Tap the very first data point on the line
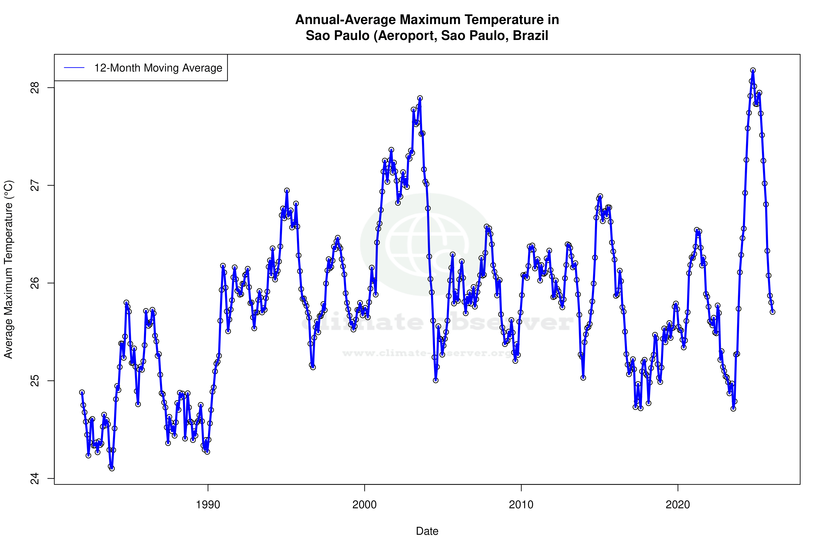[x=82, y=392]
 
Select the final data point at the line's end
[x=772, y=312]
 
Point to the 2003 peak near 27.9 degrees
[x=420, y=98]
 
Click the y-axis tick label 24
[x=35, y=478]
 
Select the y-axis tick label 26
[x=35, y=283]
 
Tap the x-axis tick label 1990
[x=208, y=505]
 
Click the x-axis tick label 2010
[x=521, y=505]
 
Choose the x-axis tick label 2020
[x=678, y=505]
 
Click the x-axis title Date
[x=427, y=531]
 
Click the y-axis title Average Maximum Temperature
[x=8, y=269]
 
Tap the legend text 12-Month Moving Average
[x=158, y=68]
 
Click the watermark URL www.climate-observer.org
[x=427, y=353]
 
